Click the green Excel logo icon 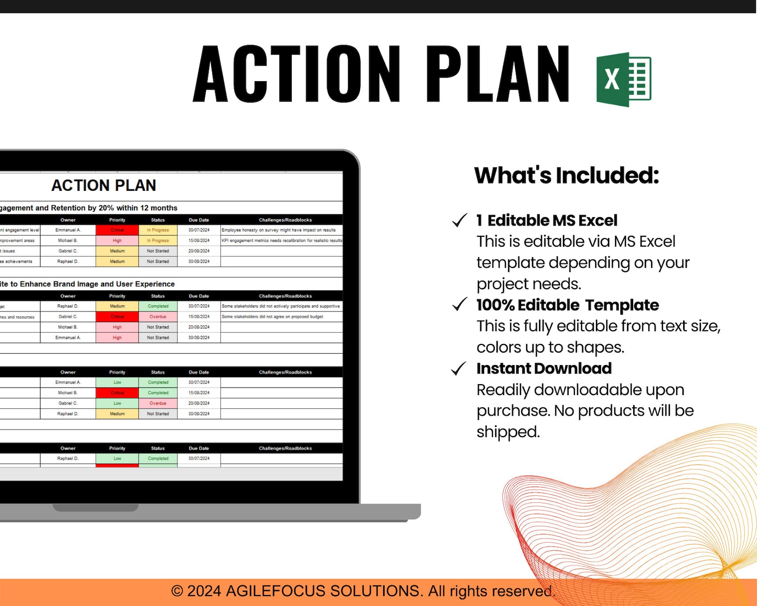(624, 79)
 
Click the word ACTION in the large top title (297, 74)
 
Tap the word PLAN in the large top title (497, 74)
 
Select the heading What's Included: (566, 175)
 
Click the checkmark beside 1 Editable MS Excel (460, 220)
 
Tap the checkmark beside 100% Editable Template (460, 304)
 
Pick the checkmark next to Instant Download (459, 368)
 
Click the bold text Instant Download (544, 368)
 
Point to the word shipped (508, 432)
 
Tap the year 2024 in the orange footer (204, 591)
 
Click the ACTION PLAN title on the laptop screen (103, 185)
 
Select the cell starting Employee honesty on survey (279, 230)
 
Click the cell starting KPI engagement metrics (281, 240)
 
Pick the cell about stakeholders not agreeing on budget (273, 317)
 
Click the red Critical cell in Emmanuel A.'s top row (117, 230)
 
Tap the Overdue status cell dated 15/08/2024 (158, 317)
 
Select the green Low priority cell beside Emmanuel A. (117, 382)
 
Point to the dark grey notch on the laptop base (95, 508)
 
